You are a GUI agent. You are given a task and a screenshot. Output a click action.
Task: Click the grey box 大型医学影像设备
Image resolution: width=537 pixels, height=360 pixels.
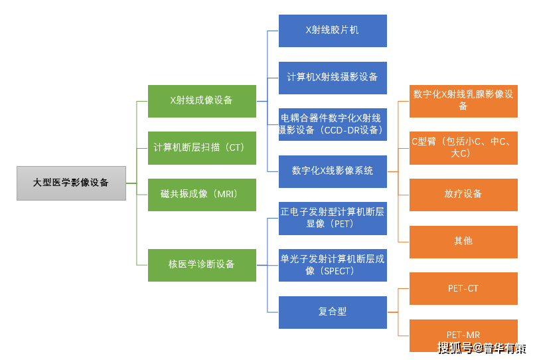point(71,183)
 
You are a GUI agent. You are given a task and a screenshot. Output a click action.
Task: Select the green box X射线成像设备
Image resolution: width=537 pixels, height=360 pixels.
point(201,101)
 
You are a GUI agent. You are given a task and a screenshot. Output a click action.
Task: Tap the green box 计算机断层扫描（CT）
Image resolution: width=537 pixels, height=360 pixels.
point(201,147)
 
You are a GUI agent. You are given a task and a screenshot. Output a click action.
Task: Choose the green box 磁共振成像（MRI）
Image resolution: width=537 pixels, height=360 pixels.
point(201,194)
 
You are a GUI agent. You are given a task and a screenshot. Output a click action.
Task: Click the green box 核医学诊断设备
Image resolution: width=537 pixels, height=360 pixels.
point(201,264)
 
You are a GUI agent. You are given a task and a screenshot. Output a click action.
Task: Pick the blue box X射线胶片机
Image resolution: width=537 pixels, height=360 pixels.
point(332,31)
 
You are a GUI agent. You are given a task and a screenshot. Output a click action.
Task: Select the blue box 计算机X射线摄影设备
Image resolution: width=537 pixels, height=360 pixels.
point(332,77)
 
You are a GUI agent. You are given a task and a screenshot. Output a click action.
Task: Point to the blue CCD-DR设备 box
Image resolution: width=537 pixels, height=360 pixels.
point(332,124)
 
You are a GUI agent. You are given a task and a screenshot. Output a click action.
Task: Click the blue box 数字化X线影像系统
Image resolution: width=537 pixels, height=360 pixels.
point(332,171)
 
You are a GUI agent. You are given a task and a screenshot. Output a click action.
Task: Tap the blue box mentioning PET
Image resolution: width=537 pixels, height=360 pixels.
point(332,218)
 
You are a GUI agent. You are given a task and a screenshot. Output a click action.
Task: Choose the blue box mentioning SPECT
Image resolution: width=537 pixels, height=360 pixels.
point(332,264)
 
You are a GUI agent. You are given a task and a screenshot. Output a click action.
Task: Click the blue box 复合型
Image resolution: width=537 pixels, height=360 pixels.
point(332,312)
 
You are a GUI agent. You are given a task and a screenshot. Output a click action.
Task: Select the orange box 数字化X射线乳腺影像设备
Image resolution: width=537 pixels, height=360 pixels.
point(463,101)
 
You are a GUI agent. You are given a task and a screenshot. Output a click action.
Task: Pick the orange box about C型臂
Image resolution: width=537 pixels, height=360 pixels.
point(463,147)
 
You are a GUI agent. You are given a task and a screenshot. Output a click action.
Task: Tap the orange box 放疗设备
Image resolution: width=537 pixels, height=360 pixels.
point(463,194)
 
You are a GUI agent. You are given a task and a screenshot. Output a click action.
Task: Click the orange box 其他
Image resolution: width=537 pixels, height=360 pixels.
point(463,241)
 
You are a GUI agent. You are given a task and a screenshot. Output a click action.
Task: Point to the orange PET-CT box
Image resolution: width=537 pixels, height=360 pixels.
point(463,288)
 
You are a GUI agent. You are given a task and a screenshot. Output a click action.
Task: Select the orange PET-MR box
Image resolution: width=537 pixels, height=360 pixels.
point(463,334)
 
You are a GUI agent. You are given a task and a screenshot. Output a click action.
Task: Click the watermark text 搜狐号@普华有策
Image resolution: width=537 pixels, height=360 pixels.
point(482,349)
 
